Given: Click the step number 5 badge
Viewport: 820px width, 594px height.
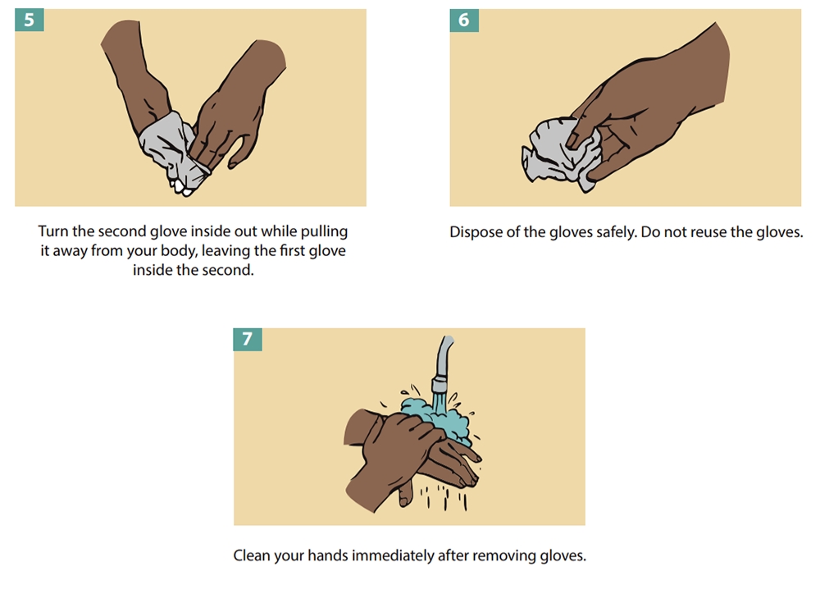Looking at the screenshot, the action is click(x=30, y=20).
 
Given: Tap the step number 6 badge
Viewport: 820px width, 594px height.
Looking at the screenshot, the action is click(x=464, y=20).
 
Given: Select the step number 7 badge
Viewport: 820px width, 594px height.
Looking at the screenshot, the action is click(x=248, y=339).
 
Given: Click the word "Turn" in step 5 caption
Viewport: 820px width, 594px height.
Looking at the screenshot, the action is click(x=53, y=231).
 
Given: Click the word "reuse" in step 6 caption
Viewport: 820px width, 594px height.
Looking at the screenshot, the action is click(x=708, y=232).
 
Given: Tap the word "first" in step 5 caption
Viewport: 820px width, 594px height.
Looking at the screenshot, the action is click(x=294, y=251).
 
